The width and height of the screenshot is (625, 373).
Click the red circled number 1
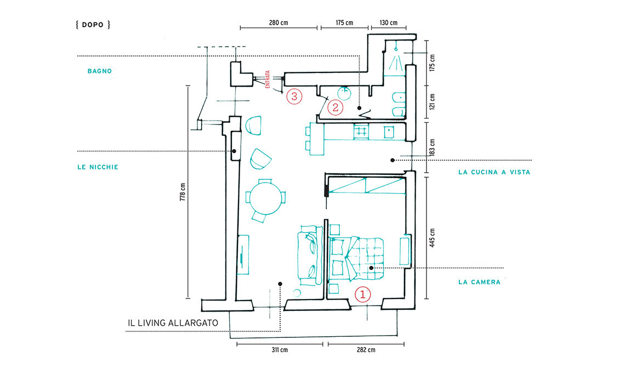(363, 295)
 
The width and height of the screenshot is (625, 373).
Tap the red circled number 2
(335, 108)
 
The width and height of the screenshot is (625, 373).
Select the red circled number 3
(294, 97)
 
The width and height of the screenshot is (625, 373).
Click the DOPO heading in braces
(93, 25)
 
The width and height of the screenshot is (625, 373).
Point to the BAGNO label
(100, 71)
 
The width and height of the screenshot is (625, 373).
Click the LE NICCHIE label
(98, 167)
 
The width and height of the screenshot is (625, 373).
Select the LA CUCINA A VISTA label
(495, 172)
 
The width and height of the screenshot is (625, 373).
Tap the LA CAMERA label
(479, 282)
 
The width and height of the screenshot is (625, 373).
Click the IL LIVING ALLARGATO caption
(173, 323)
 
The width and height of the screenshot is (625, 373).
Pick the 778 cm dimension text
(183, 192)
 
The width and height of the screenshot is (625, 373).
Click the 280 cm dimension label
(278, 22)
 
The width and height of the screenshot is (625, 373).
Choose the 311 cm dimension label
(280, 350)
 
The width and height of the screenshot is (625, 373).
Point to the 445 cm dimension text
(432, 238)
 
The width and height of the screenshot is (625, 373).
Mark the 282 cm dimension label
(366, 350)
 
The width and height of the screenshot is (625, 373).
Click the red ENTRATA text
(268, 80)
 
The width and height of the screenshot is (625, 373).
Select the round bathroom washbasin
(344, 93)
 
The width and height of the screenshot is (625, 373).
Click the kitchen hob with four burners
(361, 131)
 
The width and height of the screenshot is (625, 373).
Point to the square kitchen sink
(389, 132)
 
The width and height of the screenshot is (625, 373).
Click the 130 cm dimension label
(388, 22)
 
